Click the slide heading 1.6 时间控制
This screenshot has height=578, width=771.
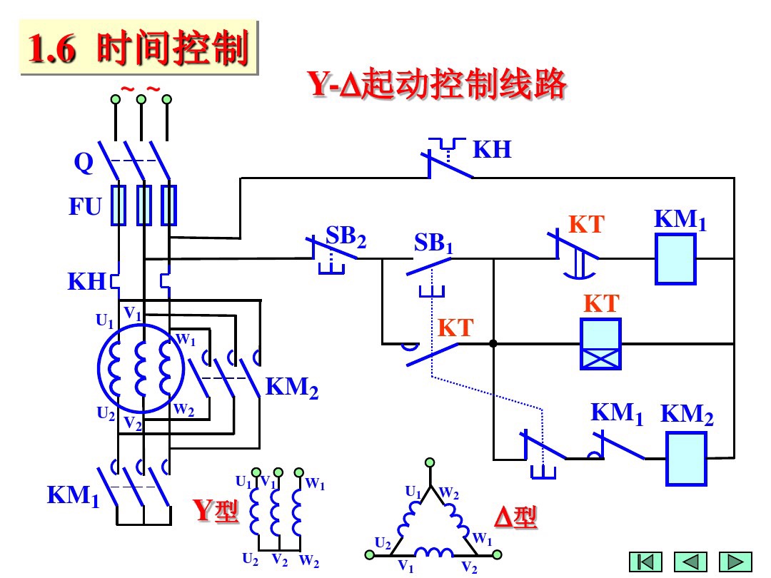136,49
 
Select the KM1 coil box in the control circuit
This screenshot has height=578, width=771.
675,259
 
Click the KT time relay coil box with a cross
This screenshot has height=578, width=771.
600,344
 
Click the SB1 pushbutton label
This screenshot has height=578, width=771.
433,243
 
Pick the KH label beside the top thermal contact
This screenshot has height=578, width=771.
493,150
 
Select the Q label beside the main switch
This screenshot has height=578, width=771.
84,164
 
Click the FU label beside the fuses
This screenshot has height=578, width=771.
85,207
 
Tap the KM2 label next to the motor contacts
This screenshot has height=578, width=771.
292,389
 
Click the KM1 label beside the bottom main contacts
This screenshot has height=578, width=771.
73,495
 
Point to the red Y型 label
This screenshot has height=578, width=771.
216,511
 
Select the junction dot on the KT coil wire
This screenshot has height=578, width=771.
493,344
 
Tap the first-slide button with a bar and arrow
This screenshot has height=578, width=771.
645,562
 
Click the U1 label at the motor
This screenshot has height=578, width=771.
105,322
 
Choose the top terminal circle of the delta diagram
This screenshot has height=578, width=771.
430,464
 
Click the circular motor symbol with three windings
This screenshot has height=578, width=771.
140,368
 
